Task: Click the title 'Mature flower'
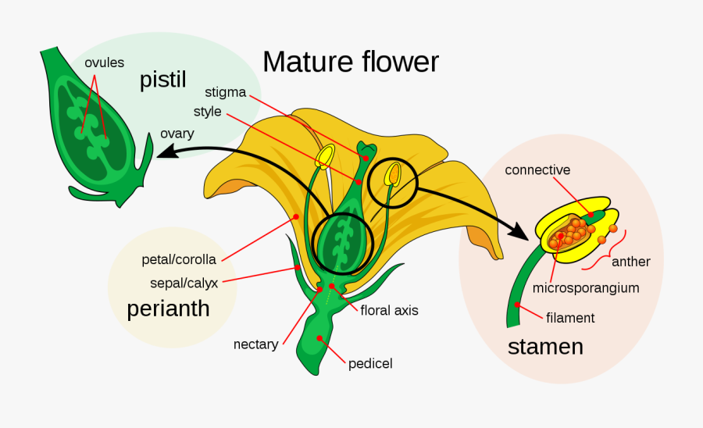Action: [351, 62]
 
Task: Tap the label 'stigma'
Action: [226, 92]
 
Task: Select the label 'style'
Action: [207, 112]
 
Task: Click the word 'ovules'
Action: [105, 62]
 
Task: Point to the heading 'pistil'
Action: [162, 80]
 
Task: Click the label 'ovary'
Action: [177, 134]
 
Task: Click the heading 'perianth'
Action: [168, 309]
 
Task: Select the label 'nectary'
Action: [255, 344]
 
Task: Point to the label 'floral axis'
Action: [389, 310]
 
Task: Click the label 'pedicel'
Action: [369, 363]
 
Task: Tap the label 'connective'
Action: [537, 169]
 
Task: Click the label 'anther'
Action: [630, 262]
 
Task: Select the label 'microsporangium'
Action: [585, 287]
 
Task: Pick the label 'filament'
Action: [570, 318]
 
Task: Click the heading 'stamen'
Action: [545, 346]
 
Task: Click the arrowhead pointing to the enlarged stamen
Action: [519, 231]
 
